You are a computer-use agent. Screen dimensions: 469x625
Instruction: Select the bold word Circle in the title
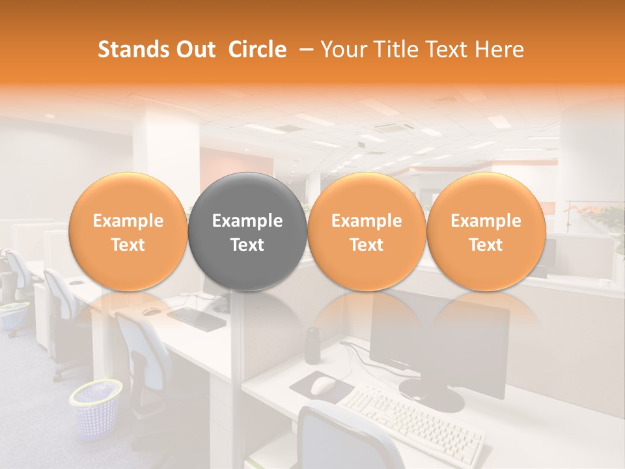coord(257,50)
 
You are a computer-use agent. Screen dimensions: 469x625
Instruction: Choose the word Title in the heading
coord(393,50)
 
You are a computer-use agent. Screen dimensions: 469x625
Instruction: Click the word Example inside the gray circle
coord(247,221)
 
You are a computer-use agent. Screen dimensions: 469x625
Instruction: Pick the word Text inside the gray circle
coord(247,245)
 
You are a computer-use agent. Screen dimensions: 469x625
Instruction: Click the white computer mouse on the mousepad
coord(322,386)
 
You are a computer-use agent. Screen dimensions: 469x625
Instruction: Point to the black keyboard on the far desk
coord(197,317)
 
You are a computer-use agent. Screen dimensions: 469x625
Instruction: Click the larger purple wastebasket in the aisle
coord(96,409)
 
